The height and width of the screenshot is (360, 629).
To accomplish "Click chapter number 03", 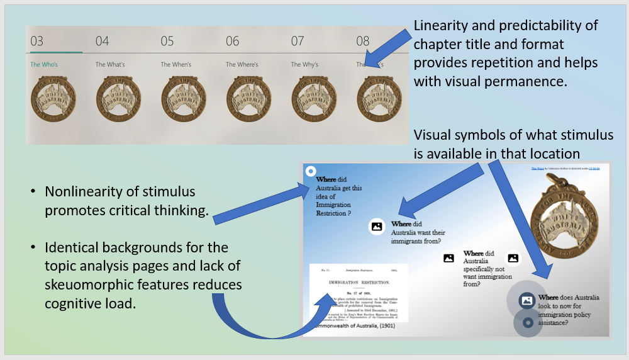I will (x=37, y=42).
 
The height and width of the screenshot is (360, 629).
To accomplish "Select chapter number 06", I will (x=233, y=42).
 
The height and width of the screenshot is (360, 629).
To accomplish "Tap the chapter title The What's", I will (x=110, y=64).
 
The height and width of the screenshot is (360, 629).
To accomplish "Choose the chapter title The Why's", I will (x=304, y=64).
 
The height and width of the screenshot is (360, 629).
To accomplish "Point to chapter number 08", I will (x=363, y=42).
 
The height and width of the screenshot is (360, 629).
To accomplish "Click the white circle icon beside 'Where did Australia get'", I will (x=310, y=171).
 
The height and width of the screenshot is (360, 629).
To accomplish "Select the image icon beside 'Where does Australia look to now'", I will (x=527, y=301).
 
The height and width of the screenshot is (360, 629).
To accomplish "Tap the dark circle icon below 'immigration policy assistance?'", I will (x=528, y=322).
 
